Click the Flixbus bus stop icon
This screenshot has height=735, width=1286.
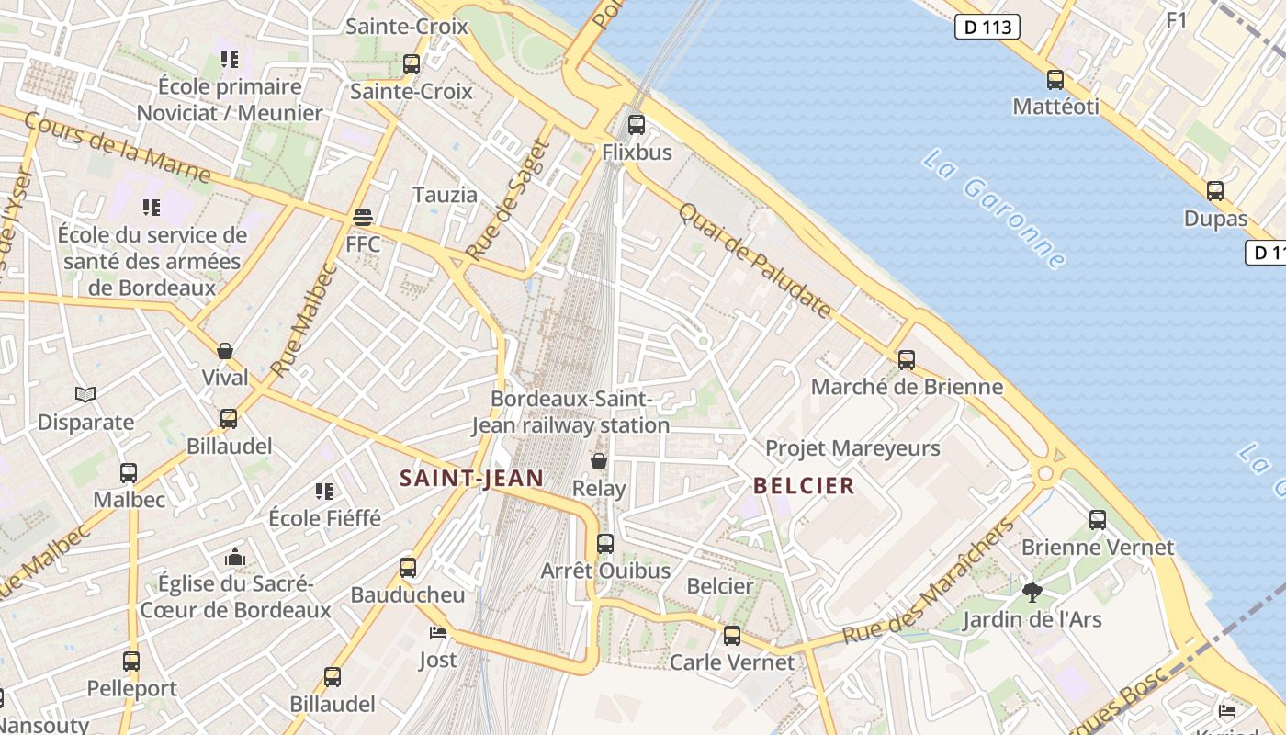tap(636, 125)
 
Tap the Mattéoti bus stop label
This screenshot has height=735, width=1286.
tap(1055, 107)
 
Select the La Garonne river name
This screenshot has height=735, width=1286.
tap(995, 209)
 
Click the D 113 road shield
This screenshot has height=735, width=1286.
tap(987, 27)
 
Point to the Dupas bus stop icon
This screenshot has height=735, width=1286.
tap(1215, 191)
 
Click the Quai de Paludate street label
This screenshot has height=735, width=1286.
tap(755, 260)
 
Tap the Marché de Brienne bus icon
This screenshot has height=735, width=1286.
tap(907, 360)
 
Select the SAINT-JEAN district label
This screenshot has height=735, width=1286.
tap(472, 478)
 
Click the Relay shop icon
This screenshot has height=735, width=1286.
tap(599, 461)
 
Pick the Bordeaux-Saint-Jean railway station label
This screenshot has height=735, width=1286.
tap(570, 413)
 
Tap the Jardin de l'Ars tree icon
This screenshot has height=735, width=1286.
tap(1032, 593)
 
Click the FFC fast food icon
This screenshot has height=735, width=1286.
tap(363, 218)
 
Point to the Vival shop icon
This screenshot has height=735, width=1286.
tap(225, 351)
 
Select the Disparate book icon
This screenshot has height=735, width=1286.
tap(85, 395)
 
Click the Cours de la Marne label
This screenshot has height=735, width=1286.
tap(117, 147)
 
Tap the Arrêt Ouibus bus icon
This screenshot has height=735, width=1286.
tap(604, 544)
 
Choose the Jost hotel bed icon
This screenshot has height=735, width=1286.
tap(438, 633)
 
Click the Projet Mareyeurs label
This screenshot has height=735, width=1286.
tap(853, 448)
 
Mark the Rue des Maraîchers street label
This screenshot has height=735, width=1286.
tap(929, 581)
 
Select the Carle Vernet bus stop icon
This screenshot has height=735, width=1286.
tap(732, 636)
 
